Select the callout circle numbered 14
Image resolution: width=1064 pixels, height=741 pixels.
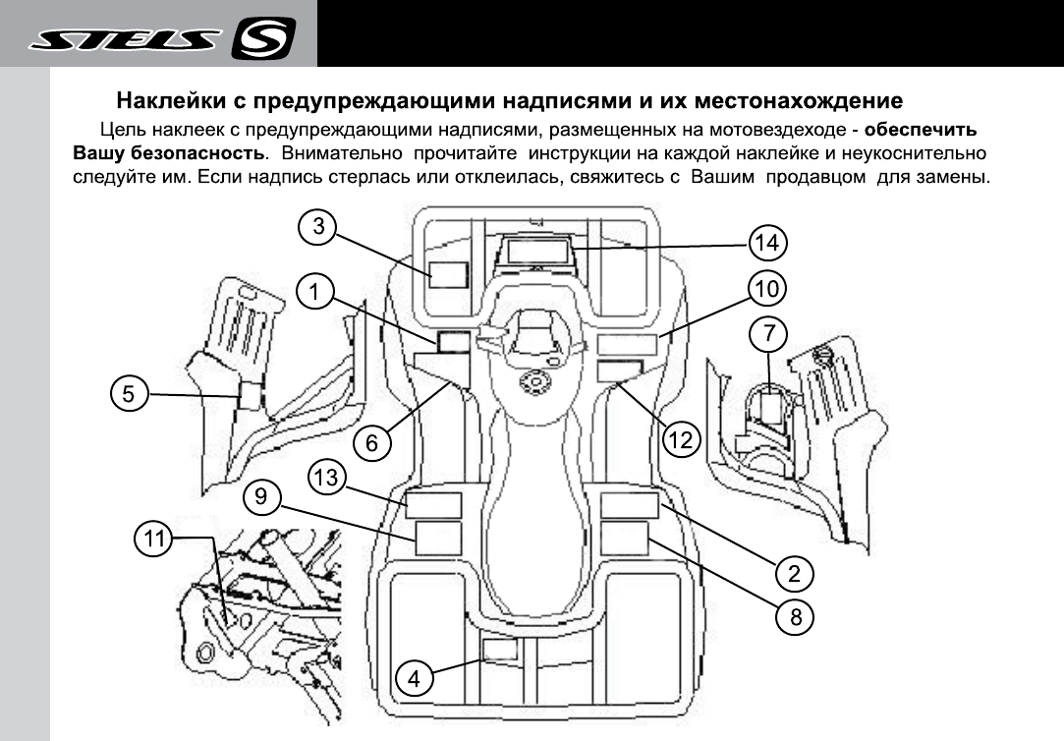[x=767, y=242]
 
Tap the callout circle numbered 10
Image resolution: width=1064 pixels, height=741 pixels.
[x=767, y=288]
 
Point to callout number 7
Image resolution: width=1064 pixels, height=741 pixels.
[x=768, y=333]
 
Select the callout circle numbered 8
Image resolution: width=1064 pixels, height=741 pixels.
[x=795, y=616]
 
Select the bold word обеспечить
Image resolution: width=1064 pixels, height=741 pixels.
[x=922, y=130]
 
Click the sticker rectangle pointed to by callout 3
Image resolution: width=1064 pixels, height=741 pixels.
[x=449, y=274]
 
